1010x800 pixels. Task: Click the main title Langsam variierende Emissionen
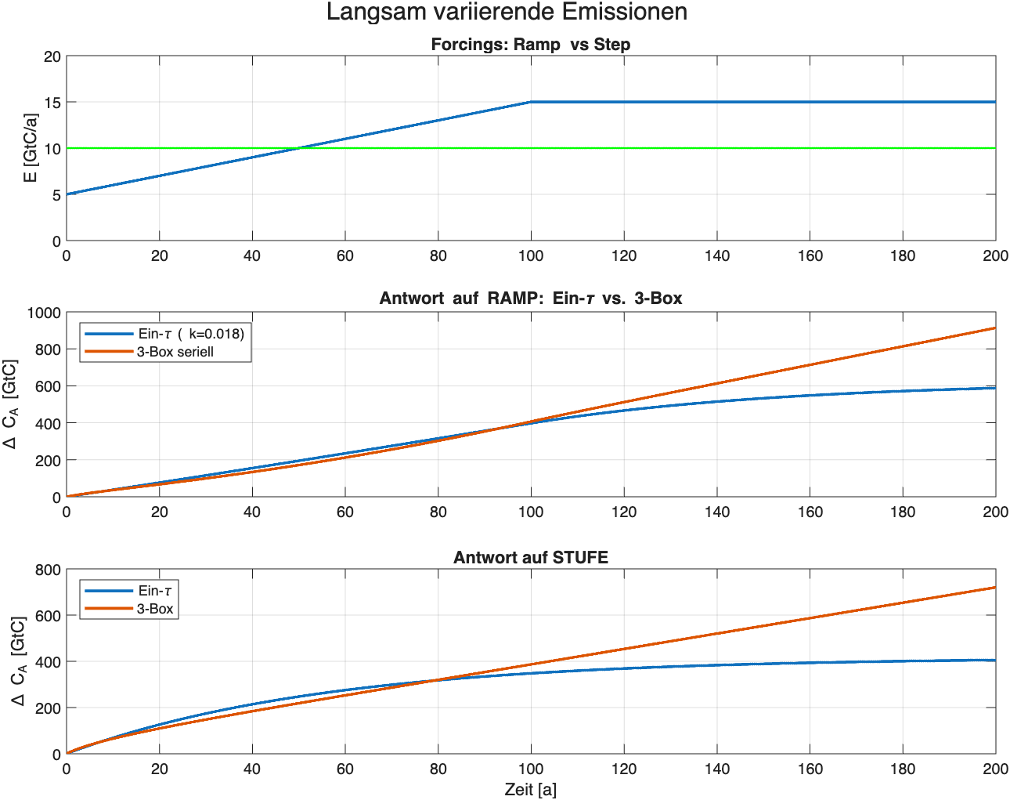pos(507,13)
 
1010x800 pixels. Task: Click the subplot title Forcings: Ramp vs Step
pos(530,45)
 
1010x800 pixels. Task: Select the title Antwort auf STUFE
pos(530,557)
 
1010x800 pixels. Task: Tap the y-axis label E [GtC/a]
pos(31,147)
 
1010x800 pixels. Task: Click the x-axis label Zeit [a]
pos(530,789)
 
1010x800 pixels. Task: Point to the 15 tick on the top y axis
pos(52,103)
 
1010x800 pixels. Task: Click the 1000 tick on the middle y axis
pos(44,313)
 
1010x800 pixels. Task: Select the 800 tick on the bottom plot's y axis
pos(48,570)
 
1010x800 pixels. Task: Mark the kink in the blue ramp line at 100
pos(531,102)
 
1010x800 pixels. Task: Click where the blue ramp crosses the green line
pos(298,148)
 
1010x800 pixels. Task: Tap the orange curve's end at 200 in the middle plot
pos(994,328)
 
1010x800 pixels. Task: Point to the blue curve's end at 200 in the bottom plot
pos(994,660)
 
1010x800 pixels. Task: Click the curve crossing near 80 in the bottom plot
pos(435,679)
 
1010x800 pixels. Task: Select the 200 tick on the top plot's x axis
pos(995,255)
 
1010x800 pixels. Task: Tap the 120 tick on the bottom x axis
pos(623,769)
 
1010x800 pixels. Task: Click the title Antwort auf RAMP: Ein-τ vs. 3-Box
pos(530,299)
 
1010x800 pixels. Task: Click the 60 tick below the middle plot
pos(344,512)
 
